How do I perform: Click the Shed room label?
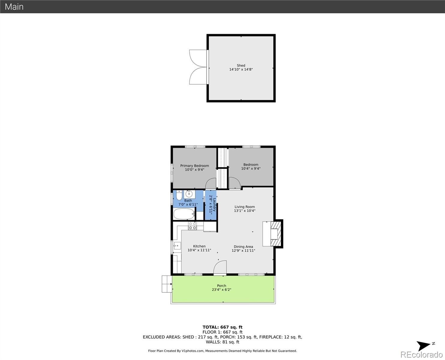coord(241,65)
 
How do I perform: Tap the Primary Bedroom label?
coord(194,166)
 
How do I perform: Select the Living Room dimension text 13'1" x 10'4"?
coord(244,211)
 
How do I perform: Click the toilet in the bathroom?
coord(179,196)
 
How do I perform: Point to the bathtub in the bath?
coord(184,214)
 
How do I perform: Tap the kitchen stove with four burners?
coord(192,226)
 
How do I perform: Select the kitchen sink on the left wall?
coord(176,246)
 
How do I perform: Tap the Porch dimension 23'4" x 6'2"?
coord(221,289)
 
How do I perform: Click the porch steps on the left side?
coord(166,284)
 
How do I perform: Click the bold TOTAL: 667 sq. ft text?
coord(222,327)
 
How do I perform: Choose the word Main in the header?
coord(14,7)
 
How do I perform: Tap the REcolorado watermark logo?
coord(421,355)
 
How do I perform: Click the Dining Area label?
coord(243,247)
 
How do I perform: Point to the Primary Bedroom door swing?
coord(211,183)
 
